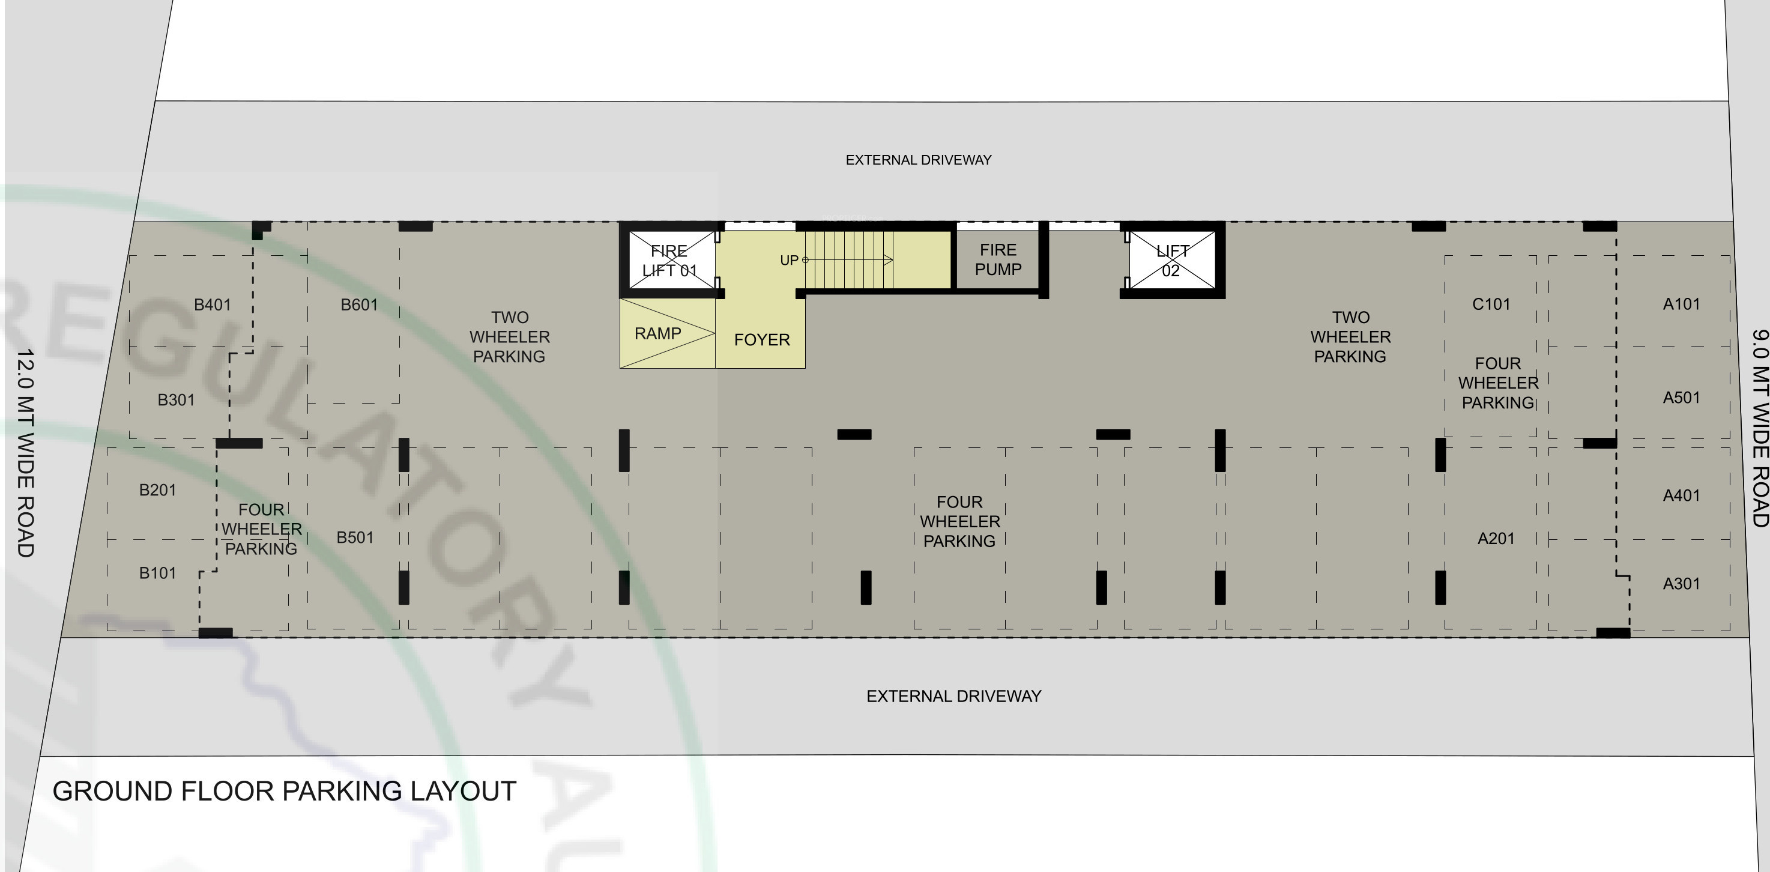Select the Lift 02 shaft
pyautogui.click(x=1172, y=261)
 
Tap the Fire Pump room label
pyautogui.click(x=998, y=260)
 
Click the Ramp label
pyautogui.click(x=657, y=333)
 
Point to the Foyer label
pyautogui.click(x=762, y=339)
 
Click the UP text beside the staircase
pyautogui.click(x=789, y=261)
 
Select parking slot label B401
pyautogui.click(x=213, y=304)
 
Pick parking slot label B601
pyautogui.click(x=360, y=304)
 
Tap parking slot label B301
pyautogui.click(x=176, y=400)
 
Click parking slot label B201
pyautogui.click(x=157, y=490)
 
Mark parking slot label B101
pyautogui.click(x=157, y=573)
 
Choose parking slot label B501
pyautogui.click(x=355, y=537)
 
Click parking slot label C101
pyautogui.click(x=1491, y=304)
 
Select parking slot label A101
pyautogui.click(x=1681, y=304)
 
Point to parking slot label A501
pyautogui.click(x=1681, y=397)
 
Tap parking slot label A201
pyautogui.click(x=1496, y=538)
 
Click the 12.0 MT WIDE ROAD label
pyautogui.click(x=25, y=453)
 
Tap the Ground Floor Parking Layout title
pyautogui.click(x=285, y=791)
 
